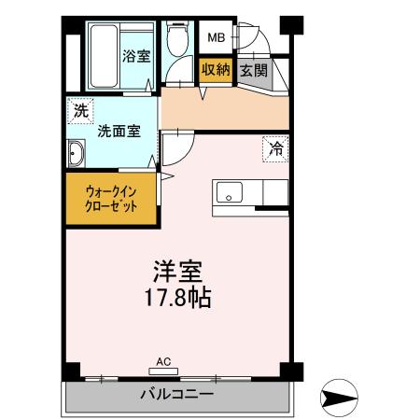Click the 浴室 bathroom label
pyautogui.click(x=135, y=55)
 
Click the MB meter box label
pyautogui.click(x=216, y=38)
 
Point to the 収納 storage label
pyautogui.click(x=215, y=70)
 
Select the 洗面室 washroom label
pyautogui.click(x=119, y=132)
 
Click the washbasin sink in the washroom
pyautogui.click(x=77, y=153)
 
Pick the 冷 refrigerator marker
pyautogui.click(x=275, y=147)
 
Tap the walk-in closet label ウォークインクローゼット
pyautogui.click(x=111, y=199)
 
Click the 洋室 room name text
pyautogui.click(x=177, y=273)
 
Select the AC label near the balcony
pyautogui.click(x=162, y=360)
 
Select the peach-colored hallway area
pyautogui.click(x=224, y=110)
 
